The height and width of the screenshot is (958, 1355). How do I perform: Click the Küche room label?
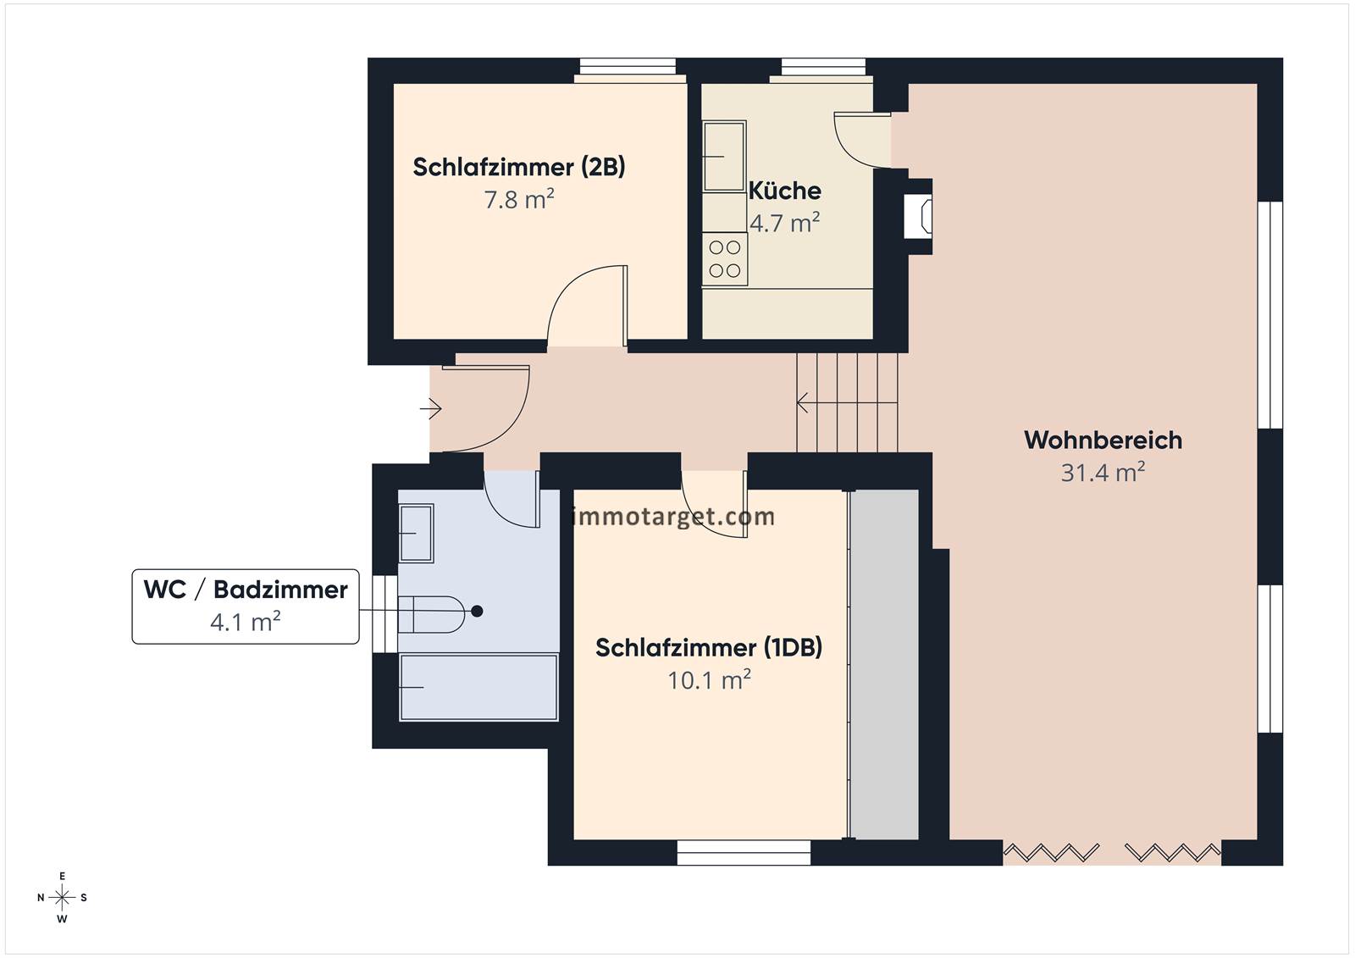coord(784,191)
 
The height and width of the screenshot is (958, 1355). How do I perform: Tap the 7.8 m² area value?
coord(519,199)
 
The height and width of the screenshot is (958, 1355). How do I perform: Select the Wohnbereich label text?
coord(1103,440)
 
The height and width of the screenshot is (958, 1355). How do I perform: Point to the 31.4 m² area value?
coord(1103,472)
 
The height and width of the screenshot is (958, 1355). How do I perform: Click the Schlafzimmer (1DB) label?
coord(709,647)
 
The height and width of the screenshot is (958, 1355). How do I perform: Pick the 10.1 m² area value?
coord(709,679)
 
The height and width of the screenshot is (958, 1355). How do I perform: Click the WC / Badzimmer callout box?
coord(246,606)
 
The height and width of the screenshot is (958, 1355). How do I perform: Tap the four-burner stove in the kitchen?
coord(725,259)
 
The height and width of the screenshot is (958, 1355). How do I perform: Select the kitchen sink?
coord(724,157)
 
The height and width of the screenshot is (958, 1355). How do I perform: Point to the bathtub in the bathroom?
coord(478,688)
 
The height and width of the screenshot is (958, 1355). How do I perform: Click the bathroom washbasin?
coord(416,533)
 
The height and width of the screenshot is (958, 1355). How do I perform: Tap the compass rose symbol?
coord(62,898)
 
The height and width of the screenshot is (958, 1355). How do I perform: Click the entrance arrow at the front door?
coord(431,409)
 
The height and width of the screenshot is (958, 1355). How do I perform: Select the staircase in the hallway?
coord(847,402)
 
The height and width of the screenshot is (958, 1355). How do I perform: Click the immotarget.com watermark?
coord(672,516)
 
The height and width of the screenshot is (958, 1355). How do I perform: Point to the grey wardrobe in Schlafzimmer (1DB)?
coord(884,664)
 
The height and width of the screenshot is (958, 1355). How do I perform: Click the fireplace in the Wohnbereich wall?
coord(918,215)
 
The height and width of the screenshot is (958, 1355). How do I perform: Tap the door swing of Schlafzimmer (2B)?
coord(587,306)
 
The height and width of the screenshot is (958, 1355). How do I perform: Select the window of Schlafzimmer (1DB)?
coord(744,852)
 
